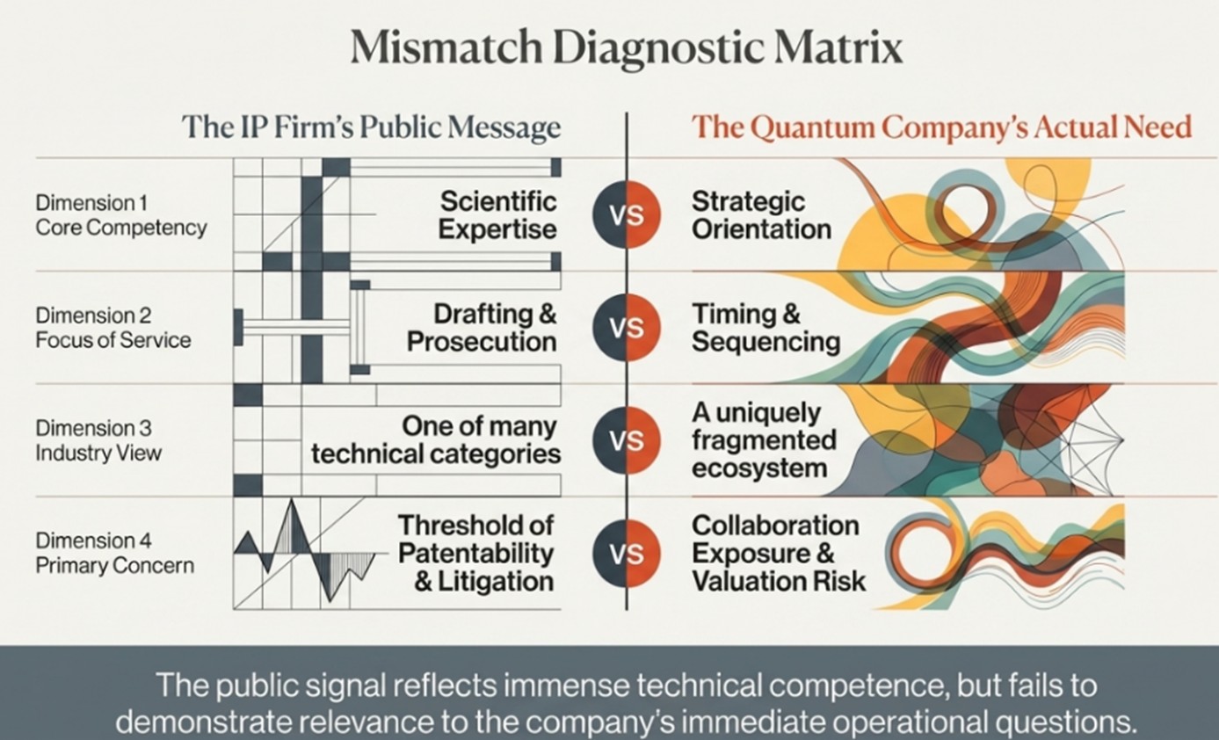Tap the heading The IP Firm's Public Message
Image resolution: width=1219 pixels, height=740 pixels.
click(x=370, y=127)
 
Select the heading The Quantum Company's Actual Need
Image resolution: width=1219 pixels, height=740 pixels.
click(x=941, y=127)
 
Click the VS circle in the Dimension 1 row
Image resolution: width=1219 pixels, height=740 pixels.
click(x=626, y=215)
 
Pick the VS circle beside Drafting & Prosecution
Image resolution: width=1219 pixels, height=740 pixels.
click(x=626, y=328)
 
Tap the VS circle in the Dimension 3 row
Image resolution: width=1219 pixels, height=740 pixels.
click(x=626, y=440)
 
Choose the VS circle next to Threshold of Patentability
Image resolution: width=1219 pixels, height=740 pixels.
click(x=626, y=553)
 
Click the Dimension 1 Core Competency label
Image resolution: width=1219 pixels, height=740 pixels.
click(x=121, y=215)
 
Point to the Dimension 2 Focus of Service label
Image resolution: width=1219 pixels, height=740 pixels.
click(x=113, y=327)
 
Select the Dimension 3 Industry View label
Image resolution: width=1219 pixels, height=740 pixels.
click(x=99, y=440)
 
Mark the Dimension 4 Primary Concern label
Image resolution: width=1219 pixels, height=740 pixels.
click(x=115, y=553)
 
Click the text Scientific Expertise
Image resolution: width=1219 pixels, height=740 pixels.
click(x=497, y=215)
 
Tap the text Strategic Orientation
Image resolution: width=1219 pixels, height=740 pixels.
click(x=761, y=215)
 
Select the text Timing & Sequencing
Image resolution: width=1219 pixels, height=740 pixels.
click(x=766, y=328)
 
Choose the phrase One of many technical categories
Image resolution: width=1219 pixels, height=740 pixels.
click(x=436, y=440)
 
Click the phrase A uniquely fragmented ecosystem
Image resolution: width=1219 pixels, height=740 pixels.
click(x=763, y=440)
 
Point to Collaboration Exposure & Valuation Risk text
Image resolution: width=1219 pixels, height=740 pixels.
click(x=778, y=553)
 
